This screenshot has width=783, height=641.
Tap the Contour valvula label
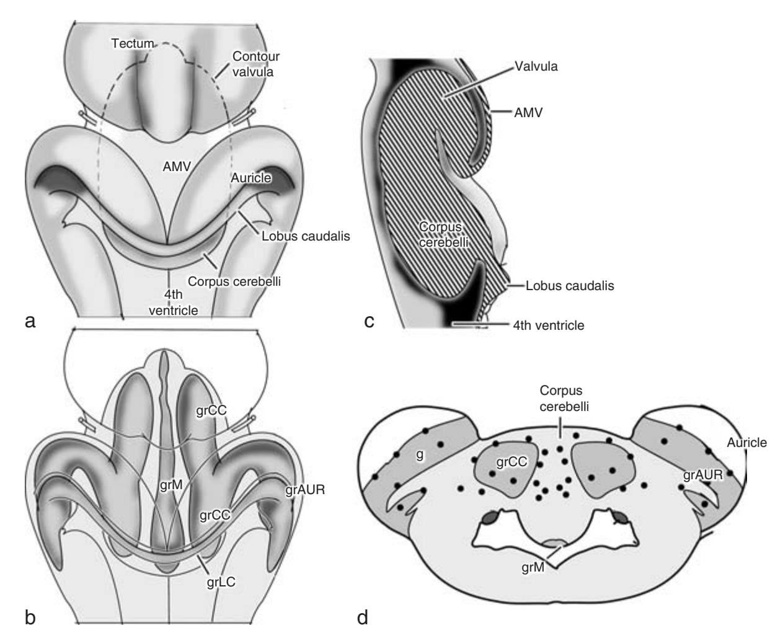pyautogui.click(x=255, y=64)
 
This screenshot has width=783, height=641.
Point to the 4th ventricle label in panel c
pyautogui.click(x=548, y=324)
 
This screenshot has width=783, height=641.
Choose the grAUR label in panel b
pyautogui.click(x=306, y=490)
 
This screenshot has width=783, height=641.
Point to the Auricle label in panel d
pyautogui.click(x=747, y=443)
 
